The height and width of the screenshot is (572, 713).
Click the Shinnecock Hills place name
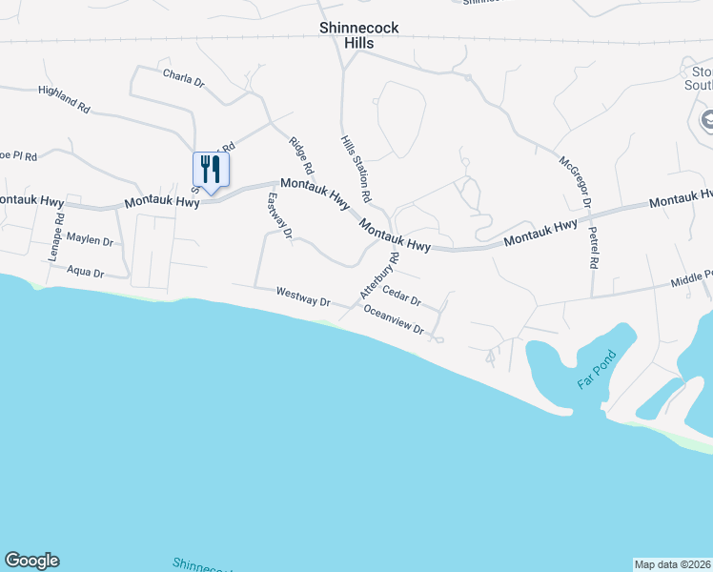point(358,36)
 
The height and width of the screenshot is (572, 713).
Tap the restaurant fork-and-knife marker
point(212,171)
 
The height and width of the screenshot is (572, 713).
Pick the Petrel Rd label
point(593,245)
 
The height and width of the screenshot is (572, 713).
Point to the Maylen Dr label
point(91,242)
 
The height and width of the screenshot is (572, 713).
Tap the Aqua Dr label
point(86,271)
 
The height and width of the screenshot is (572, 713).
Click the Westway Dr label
point(303,296)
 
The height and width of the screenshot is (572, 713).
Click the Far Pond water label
point(598,371)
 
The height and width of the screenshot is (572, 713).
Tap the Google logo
point(31,561)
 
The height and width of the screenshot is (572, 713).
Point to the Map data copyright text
point(672,564)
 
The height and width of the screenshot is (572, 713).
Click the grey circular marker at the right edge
point(706,121)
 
